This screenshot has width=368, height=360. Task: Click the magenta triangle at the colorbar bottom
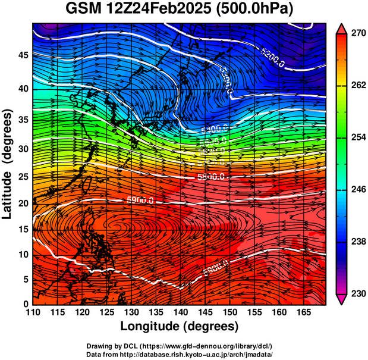coord(342,299)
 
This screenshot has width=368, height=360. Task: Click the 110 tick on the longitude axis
coord(33,312)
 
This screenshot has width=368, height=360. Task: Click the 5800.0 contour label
coord(210,177)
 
